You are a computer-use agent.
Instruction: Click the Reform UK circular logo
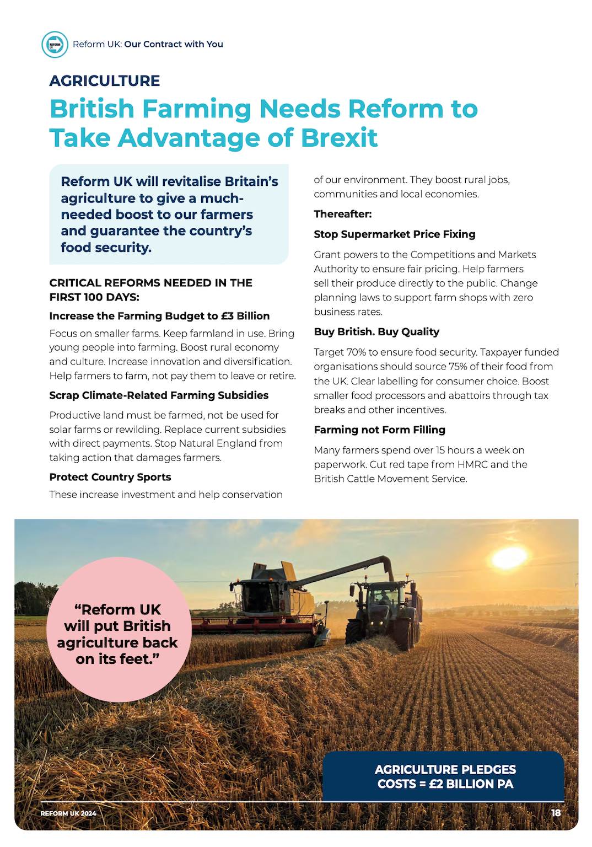click(x=55, y=45)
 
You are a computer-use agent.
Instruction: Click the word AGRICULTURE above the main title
click(x=105, y=81)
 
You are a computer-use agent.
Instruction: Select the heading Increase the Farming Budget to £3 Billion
click(x=159, y=316)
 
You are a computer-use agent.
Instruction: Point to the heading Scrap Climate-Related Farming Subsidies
click(x=159, y=395)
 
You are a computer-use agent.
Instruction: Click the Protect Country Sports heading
click(x=110, y=477)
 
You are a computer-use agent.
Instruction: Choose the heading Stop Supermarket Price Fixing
click(x=394, y=234)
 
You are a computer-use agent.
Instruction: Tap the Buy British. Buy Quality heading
click(x=376, y=332)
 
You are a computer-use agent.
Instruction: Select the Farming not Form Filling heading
click(x=379, y=430)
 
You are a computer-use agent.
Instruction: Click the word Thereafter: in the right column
click(x=343, y=214)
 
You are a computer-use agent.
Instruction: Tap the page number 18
click(x=556, y=813)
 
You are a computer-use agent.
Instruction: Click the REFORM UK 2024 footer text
click(x=68, y=813)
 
